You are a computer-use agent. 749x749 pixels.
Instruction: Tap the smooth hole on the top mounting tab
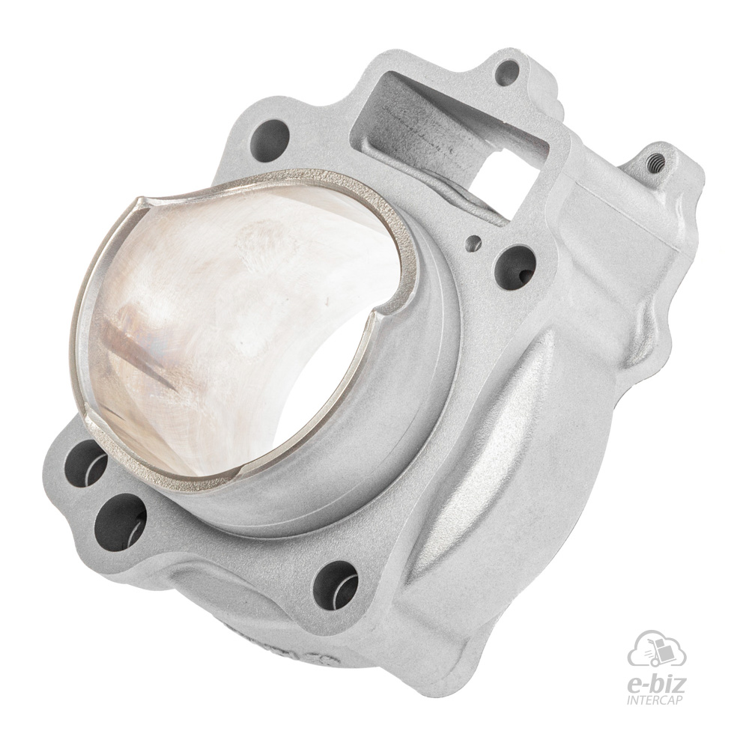(507, 71)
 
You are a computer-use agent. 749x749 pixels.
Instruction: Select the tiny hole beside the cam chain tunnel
(474, 242)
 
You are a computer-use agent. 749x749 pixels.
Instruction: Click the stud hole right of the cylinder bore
(515, 268)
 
